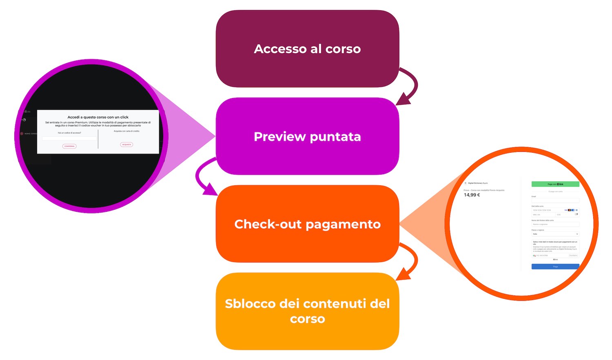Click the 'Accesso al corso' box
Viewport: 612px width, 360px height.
pyautogui.click(x=307, y=49)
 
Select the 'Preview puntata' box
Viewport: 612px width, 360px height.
pyautogui.click(x=307, y=136)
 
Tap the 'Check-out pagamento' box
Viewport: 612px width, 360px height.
pyautogui.click(x=307, y=224)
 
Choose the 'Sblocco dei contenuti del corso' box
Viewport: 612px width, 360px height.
pyautogui.click(x=307, y=311)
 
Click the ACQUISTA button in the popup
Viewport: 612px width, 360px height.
pyautogui.click(x=126, y=144)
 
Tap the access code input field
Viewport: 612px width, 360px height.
pyautogui.click(x=69, y=139)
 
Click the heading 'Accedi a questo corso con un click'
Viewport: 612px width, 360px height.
pyautogui.click(x=98, y=117)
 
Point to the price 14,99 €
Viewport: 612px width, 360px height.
pyautogui.click(x=472, y=195)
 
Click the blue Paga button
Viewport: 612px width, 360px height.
pyautogui.click(x=555, y=267)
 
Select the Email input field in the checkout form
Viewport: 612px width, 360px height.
pyautogui.click(x=555, y=200)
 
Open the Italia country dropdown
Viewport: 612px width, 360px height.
pyautogui.click(x=555, y=234)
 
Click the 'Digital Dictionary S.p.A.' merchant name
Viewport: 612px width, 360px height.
pyautogui.click(x=478, y=183)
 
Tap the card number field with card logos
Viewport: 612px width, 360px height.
pyautogui.click(x=555, y=210)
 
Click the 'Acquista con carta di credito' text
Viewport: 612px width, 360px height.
pyautogui.click(x=126, y=131)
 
